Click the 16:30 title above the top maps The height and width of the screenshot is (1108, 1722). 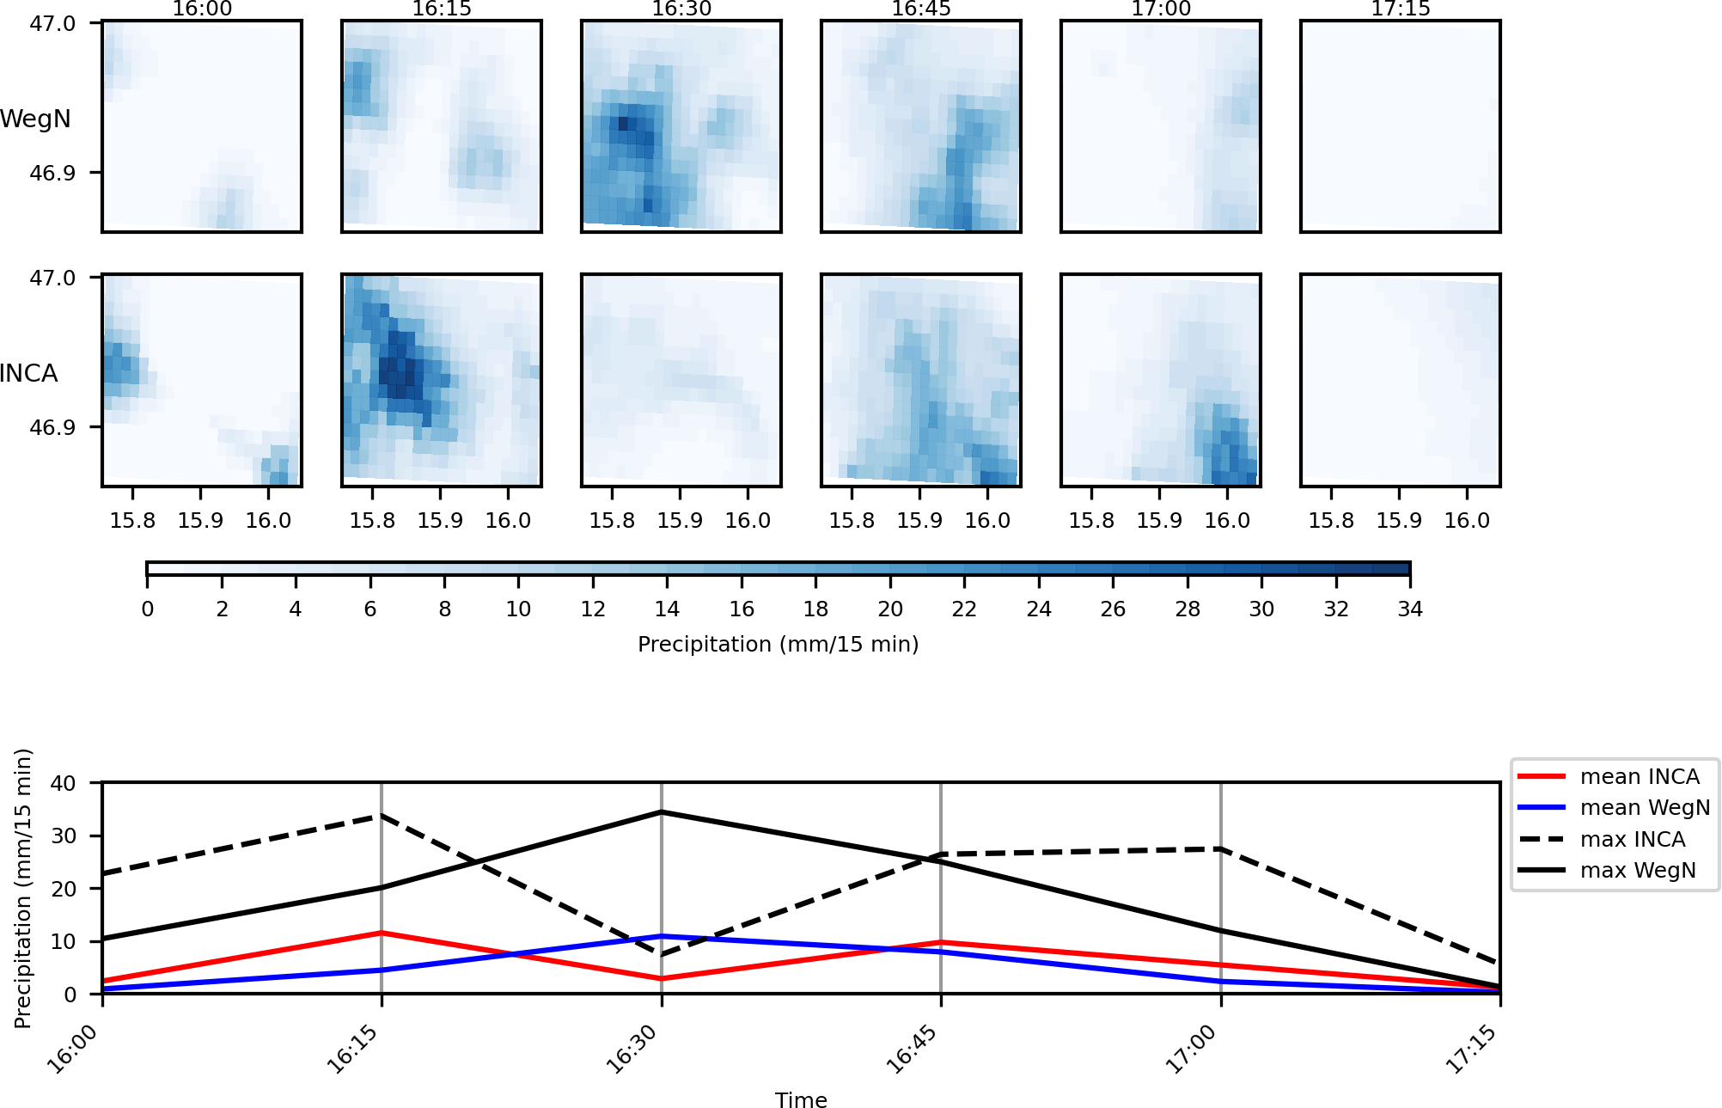[681, 9]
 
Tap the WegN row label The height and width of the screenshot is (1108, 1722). [35, 119]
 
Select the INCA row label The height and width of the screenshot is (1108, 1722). [29, 373]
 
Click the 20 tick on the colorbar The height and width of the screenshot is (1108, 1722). [890, 609]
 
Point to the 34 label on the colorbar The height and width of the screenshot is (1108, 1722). [1410, 609]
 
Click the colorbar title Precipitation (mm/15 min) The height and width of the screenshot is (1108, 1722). [778, 645]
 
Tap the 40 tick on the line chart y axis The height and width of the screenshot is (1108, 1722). [64, 783]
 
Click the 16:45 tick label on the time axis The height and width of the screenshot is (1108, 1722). [913, 1050]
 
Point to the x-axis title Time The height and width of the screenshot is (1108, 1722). [801, 1100]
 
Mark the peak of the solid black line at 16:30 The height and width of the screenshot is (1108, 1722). [662, 812]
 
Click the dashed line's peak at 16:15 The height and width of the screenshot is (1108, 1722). [382, 816]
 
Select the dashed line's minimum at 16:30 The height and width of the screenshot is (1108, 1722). [662, 954]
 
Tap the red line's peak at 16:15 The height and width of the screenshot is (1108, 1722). [382, 933]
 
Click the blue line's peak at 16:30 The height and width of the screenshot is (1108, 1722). [662, 936]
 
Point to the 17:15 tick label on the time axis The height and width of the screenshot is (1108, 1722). [1473, 1050]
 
